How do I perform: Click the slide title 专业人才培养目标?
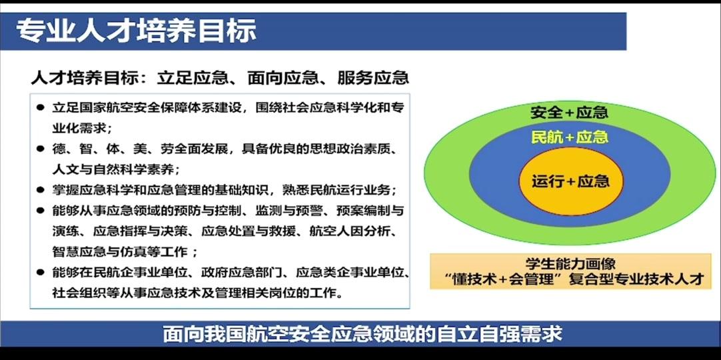click(136, 31)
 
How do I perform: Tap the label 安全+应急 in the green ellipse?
click(569, 113)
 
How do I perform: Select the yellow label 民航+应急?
click(570, 137)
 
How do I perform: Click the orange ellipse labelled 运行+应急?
click(570, 181)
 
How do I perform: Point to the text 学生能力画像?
click(570, 264)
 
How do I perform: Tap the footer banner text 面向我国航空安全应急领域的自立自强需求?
click(362, 334)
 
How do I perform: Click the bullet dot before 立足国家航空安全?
click(41, 108)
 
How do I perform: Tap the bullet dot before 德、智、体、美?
click(41, 149)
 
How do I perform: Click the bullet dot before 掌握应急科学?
click(41, 190)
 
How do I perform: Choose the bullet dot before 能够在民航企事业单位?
click(41, 272)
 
